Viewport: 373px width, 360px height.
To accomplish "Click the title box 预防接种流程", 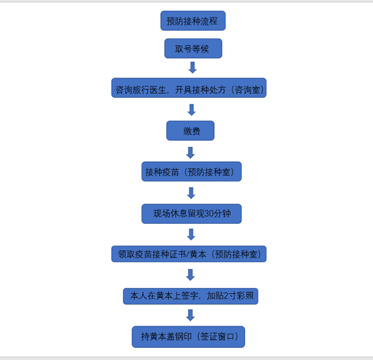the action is click(193, 21).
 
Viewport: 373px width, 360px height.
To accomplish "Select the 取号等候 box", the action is click(193, 49).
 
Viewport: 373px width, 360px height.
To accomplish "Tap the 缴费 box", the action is click(191, 131).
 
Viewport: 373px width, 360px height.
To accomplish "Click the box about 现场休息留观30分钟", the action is click(191, 214).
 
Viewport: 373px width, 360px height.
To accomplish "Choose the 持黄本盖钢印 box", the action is click(189, 336).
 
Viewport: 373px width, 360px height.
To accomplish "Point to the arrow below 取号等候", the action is click(193, 67).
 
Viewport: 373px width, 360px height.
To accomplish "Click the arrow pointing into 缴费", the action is click(191, 110).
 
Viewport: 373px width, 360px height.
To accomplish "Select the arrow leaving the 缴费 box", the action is click(191, 153).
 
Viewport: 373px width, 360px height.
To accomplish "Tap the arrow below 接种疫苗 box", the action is click(191, 193).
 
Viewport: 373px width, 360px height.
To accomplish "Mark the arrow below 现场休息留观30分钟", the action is click(191, 235).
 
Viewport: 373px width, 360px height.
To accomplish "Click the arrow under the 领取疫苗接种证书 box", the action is click(191, 275).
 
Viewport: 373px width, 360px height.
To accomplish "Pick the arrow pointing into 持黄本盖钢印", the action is click(191, 316).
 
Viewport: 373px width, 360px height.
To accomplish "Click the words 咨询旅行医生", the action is click(141, 90).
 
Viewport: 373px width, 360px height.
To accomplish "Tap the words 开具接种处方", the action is click(200, 90).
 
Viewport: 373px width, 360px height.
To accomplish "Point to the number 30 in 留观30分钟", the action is click(209, 214).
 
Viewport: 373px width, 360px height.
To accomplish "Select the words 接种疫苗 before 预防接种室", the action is click(162, 172).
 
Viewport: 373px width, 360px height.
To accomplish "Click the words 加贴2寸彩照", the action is click(230, 296).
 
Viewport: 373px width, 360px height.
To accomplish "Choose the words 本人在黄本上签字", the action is click(164, 296).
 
